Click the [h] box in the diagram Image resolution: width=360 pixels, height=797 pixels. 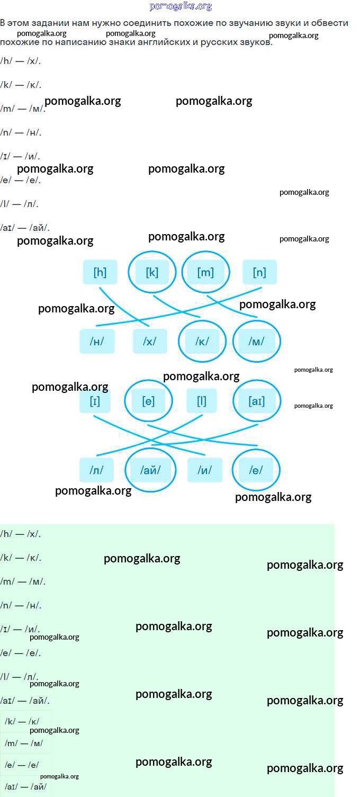pyautogui.click(x=100, y=272)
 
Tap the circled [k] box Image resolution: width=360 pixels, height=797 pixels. pyautogui.click(x=152, y=272)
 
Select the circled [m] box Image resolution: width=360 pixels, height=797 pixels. pyautogui.click(x=205, y=272)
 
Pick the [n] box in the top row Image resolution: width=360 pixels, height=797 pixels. pyautogui.click(x=259, y=272)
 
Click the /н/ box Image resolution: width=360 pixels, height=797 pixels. pyautogui.click(x=97, y=341)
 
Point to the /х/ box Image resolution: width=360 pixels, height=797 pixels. pyautogui.click(x=150, y=341)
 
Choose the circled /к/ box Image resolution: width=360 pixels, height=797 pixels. pyautogui.click(x=202, y=341)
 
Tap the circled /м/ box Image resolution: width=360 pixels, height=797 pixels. pyautogui.click(x=257, y=341)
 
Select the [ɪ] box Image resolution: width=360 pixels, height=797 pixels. pyautogui.click(x=95, y=401)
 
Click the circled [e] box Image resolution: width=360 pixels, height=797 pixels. pyautogui.click(x=149, y=401)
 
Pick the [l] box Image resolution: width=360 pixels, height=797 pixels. pyautogui.click(x=202, y=401)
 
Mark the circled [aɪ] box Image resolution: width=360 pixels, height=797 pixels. pyautogui.click(x=257, y=401)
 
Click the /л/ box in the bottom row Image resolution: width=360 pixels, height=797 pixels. pyautogui.click(x=96, y=470)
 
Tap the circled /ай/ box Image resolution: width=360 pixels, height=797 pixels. pyautogui.click(x=150, y=470)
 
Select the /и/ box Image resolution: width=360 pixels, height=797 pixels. pyautogui.click(x=205, y=470)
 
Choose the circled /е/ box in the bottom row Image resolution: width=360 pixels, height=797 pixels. pyautogui.click(x=256, y=470)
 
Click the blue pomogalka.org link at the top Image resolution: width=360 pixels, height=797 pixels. pyautogui.click(x=181, y=6)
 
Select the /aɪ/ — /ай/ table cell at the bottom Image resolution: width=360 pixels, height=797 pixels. pyautogui.click(x=25, y=786)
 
